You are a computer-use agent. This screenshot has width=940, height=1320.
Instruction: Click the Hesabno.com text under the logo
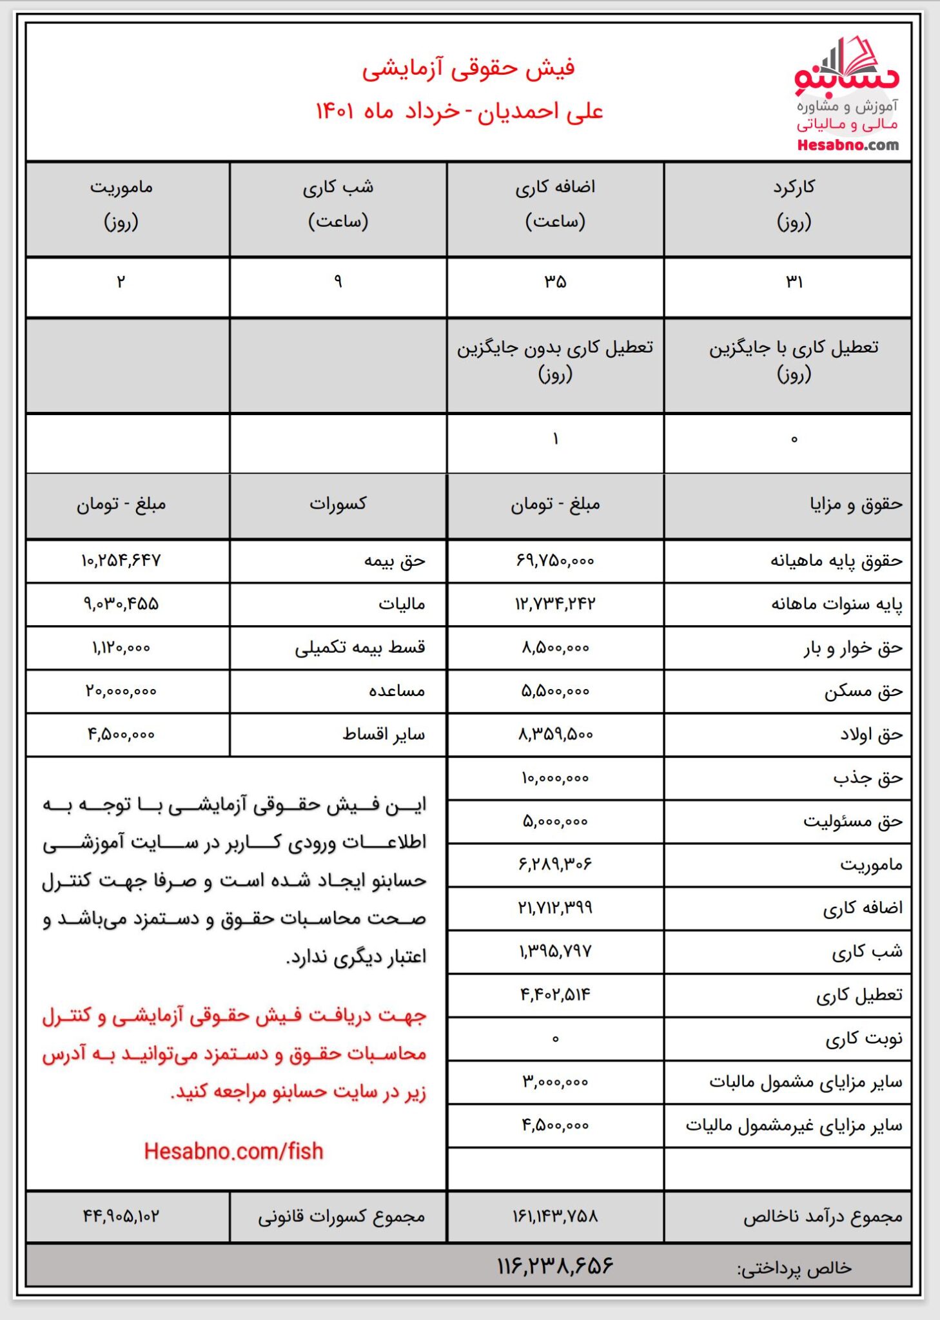(x=847, y=145)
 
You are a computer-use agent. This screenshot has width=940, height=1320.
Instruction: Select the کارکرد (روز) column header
(x=794, y=204)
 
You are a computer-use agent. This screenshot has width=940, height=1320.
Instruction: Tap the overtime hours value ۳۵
(x=554, y=282)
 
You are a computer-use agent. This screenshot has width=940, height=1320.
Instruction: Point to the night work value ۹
(x=338, y=282)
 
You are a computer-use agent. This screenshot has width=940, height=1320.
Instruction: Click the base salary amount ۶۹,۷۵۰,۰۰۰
(x=554, y=561)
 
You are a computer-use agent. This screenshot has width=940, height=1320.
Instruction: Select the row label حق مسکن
(x=863, y=692)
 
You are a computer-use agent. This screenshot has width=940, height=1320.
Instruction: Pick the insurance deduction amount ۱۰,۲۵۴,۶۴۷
(x=121, y=561)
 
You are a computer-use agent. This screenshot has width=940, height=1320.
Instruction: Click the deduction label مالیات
(x=402, y=604)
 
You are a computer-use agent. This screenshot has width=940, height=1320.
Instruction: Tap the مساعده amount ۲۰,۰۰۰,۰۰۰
(x=121, y=692)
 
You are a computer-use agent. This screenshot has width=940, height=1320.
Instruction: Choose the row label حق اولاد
(x=871, y=735)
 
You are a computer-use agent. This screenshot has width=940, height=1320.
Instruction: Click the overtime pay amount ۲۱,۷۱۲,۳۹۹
(x=554, y=908)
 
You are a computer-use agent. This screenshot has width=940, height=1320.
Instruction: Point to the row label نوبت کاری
(x=864, y=1038)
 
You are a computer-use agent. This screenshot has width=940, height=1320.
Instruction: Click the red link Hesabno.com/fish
(x=233, y=1151)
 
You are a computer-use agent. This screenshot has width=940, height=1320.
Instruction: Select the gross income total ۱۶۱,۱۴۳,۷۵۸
(x=554, y=1216)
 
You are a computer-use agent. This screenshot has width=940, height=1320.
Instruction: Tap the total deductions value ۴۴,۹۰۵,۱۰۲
(x=121, y=1216)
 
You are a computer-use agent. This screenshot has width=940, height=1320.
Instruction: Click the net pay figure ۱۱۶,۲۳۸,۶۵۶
(x=554, y=1266)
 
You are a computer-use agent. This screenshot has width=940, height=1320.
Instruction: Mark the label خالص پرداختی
(x=794, y=1268)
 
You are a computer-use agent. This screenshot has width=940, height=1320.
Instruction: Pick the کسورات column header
(x=338, y=504)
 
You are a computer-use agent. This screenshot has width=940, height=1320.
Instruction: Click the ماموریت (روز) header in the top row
(x=121, y=204)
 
